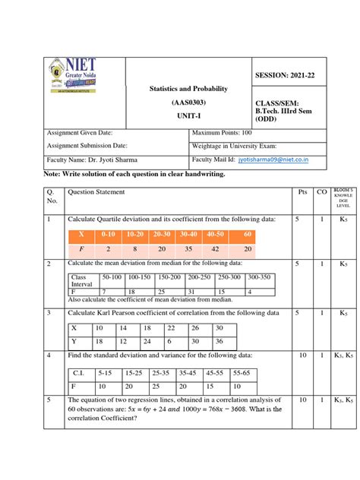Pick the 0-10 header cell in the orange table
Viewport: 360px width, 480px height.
click(109, 235)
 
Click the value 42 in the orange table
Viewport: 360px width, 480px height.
click(217, 248)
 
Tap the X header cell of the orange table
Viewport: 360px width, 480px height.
click(82, 235)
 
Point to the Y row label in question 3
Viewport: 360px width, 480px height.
click(74, 341)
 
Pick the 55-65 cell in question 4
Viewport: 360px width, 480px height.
click(242, 374)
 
